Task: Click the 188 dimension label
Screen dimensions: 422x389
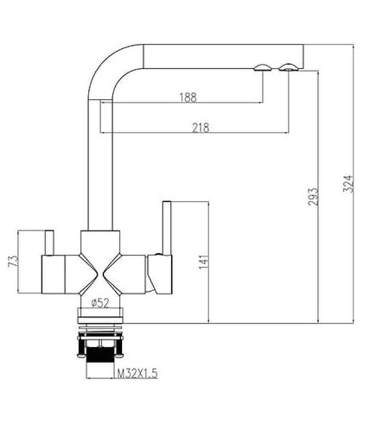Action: point(188,97)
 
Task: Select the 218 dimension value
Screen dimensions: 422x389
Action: point(200,127)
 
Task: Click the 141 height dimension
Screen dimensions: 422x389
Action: point(203,261)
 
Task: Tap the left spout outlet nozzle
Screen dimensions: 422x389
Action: point(263,68)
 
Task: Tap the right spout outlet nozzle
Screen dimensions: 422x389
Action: point(288,67)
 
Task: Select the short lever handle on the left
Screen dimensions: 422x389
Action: point(49,242)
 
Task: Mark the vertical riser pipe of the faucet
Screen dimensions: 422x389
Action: point(101,169)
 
